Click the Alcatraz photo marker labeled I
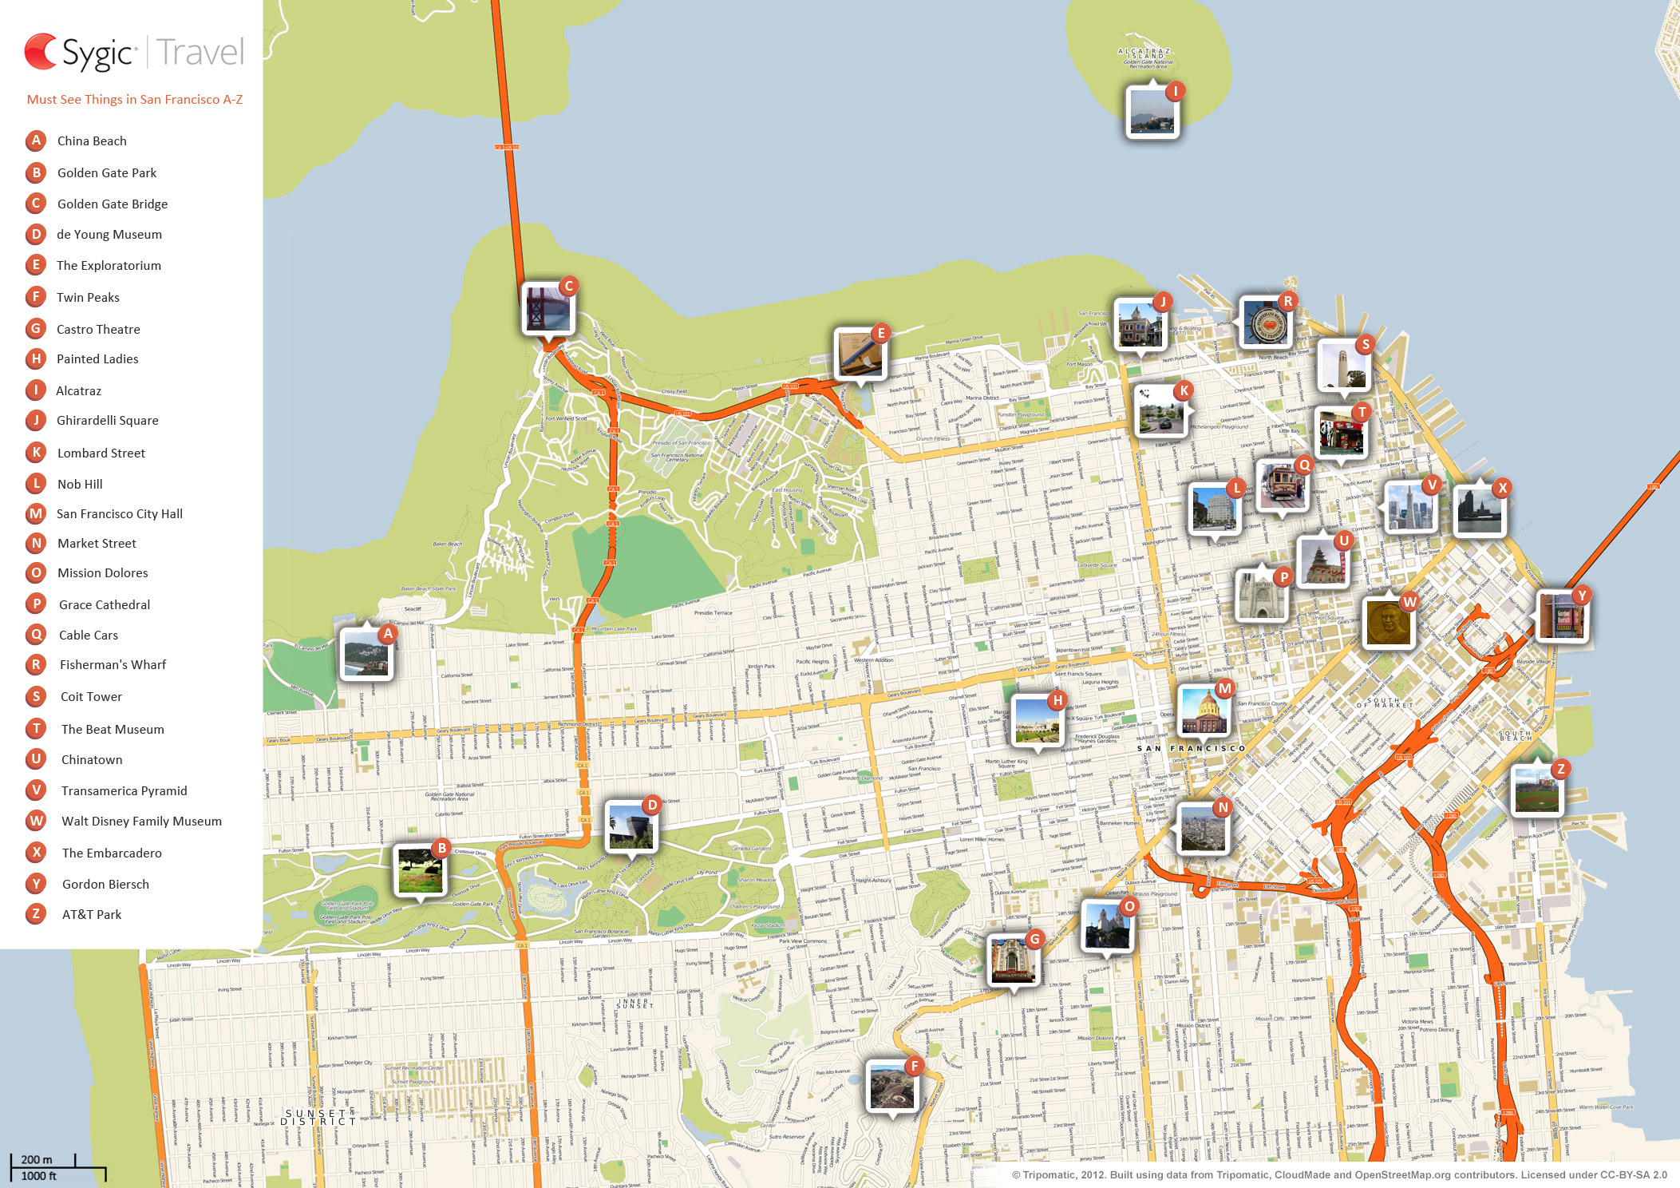pyautogui.click(x=1152, y=112)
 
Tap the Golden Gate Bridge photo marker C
pyautogui.click(x=547, y=308)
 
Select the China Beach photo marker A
pyautogui.click(x=366, y=654)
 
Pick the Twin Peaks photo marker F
pyautogui.click(x=892, y=1085)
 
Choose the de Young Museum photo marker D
pyautogui.click(x=631, y=826)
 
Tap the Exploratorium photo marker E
pyautogui.click(x=860, y=354)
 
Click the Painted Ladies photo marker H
pyautogui.click(x=1037, y=720)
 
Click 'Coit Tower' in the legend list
pyautogui.click(x=91, y=697)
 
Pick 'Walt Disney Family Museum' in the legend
pyautogui.click(x=141, y=822)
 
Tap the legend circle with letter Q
pyautogui.click(x=36, y=635)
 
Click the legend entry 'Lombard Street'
pyautogui.click(x=101, y=453)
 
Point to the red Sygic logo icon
pyautogui.click(x=41, y=52)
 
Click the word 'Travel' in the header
pyautogui.click(x=200, y=53)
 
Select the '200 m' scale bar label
pyautogui.click(x=37, y=1159)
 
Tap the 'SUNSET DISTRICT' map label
pyautogui.click(x=318, y=1117)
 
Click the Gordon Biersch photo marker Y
pyautogui.click(x=1561, y=616)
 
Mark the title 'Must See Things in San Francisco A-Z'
pyautogui.click(x=135, y=100)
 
